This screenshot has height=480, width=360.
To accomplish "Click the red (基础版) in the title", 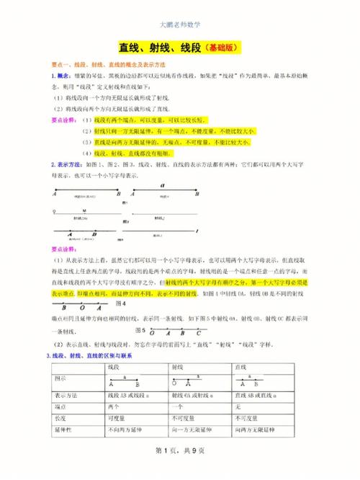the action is (221, 48).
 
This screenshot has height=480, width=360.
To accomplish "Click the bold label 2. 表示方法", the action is (68, 165).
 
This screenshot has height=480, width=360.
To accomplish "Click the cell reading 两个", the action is (117, 406).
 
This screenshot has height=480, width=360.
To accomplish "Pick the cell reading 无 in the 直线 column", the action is (239, 406).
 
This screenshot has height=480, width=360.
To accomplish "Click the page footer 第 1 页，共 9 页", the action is (180, 451).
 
